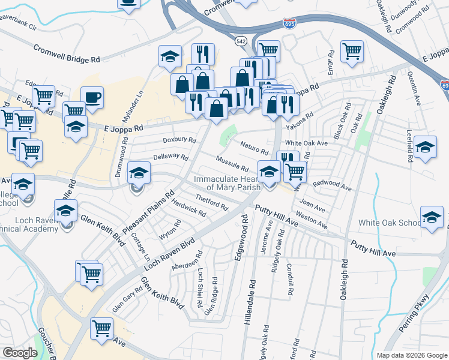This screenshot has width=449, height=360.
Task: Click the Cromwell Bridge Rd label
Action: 67,54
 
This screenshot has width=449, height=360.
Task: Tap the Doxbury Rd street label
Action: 179,140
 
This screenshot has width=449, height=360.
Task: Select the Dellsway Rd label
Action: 170,158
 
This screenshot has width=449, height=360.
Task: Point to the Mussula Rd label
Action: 232,163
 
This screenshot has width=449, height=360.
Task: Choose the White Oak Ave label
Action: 306,143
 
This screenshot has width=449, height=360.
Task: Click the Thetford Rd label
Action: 211,203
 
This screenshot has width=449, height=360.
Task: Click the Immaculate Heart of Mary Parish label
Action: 227,183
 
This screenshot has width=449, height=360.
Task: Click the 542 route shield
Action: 241,41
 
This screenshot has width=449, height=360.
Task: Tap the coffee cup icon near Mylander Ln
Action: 92,97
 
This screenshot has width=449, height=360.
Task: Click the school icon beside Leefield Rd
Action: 425,147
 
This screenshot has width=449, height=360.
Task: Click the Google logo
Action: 20,353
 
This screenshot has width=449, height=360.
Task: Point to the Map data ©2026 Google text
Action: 411,355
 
